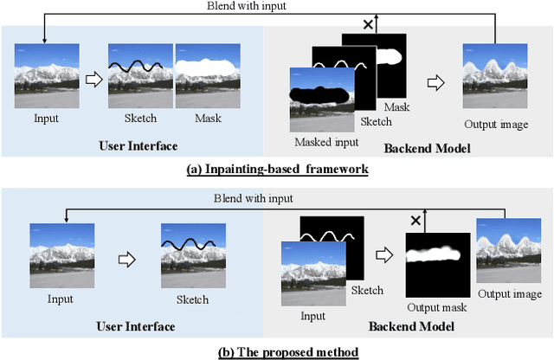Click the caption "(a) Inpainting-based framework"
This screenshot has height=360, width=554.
tap(277, 170)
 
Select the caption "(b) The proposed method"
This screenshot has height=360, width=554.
tap(277, 351)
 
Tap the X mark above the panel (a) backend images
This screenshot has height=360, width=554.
tap(368, 26)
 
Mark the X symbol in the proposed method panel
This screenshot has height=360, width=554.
tap(415, 221)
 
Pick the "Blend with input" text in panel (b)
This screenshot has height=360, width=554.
tap(248, 199)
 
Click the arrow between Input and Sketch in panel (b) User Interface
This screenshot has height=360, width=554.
tap(126, 257)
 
